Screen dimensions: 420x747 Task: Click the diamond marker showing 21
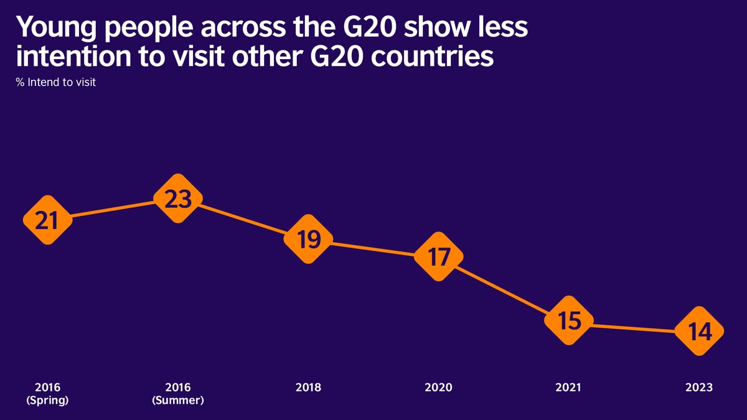[x=47, y=220]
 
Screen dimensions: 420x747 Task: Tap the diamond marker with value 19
[x=308, y=240]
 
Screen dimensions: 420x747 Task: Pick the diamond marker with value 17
[x=439, y=256]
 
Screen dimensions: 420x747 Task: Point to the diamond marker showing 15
[x=569, y=321]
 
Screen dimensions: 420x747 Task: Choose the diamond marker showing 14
[x=700, y=332]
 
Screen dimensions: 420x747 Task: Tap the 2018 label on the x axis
[x=308, y=388]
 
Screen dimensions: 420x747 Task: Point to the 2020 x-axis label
[x=439, y=388]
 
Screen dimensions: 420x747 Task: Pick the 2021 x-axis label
[x=569, y=388]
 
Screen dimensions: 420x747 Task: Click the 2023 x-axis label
[x=700, y=388]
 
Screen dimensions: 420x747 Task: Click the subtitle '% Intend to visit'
[x=56, y=82]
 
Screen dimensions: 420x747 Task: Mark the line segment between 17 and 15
[x=504, y=289]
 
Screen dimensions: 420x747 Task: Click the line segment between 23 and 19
[x=243, y=220]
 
